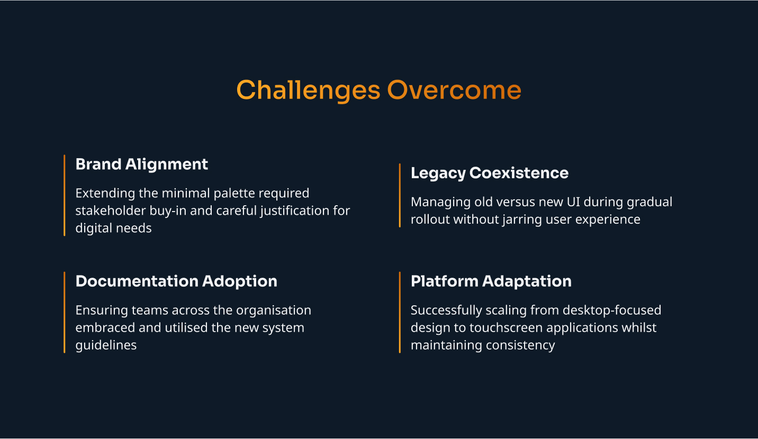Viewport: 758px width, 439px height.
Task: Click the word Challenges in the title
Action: (308, 90)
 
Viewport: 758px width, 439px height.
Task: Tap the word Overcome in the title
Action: (454, 90)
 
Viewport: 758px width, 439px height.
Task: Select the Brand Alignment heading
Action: (142, 164)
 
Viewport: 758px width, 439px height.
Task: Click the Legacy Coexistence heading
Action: (490, 173)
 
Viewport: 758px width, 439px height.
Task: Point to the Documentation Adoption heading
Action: (176, 281)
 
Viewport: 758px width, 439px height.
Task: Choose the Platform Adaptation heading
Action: (491, 281)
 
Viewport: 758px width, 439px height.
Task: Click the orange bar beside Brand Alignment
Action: (65, 195)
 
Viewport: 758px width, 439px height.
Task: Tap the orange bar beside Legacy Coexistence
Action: (400, 195)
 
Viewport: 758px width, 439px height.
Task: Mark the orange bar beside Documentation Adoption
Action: (65, 312)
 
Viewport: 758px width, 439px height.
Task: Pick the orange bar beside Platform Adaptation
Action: (400, 312)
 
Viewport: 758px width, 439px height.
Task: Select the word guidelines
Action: (106, 345)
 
